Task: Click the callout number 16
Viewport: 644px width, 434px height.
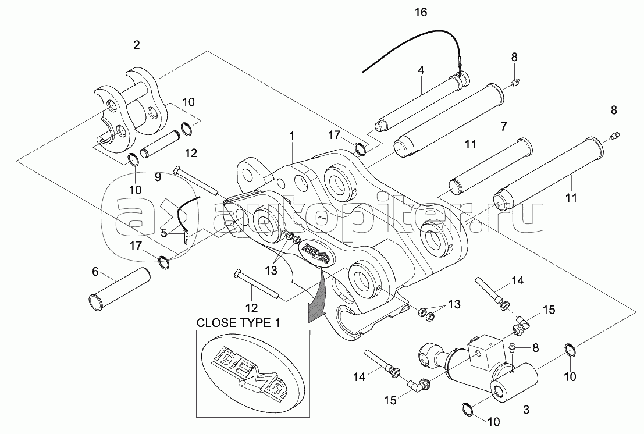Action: pos(421,12)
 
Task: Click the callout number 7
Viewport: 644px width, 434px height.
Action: pos(504,126)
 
